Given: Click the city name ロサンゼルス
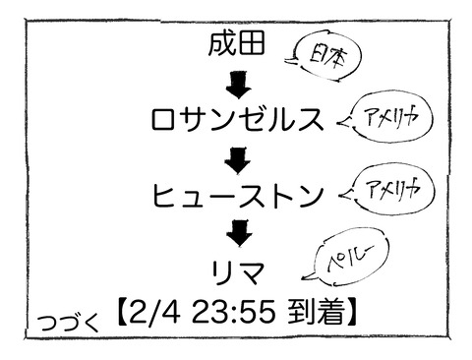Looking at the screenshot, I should coord(237,120).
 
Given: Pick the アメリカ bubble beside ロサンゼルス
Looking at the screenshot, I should coord(383,117).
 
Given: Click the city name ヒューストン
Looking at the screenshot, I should coord(237,195).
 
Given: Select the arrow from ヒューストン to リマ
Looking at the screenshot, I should coord(237,232).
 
